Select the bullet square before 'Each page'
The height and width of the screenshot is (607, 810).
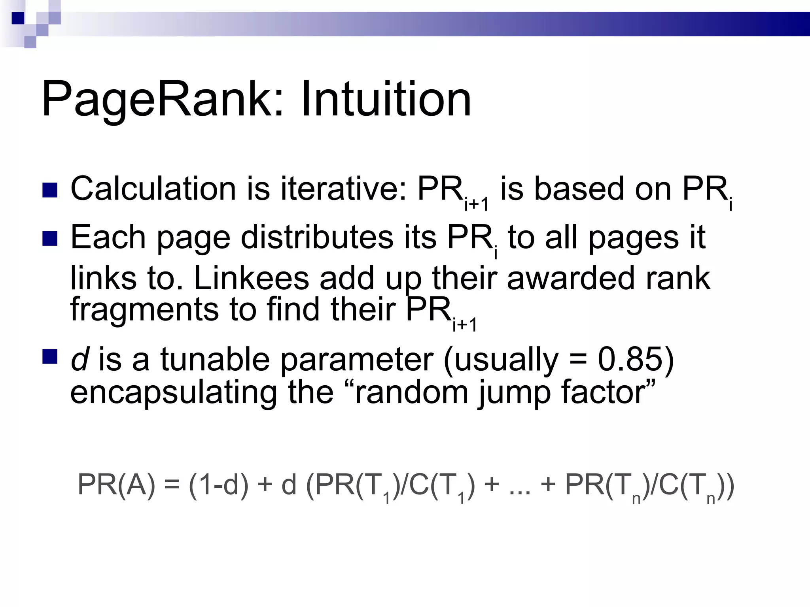coord(50,238)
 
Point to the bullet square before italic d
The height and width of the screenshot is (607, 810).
coord(50,356)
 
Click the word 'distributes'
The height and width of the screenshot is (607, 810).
coord(317,238)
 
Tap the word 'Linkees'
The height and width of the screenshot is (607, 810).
coord(252,278)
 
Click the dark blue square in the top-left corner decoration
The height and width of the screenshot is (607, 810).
coord(18,18)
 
